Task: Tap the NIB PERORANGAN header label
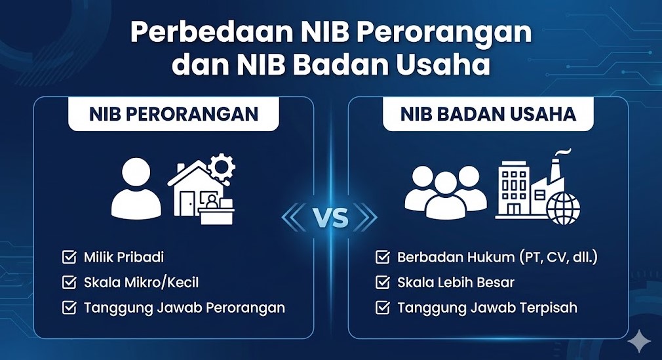click(x=174, y=114)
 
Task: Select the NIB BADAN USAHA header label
click(x=488, y=114)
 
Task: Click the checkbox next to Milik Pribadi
click(x=69, y=257)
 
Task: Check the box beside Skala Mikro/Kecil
click(x=69, y=283)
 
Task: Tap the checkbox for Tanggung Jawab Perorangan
click(x=69, y=308)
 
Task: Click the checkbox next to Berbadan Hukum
click(x=382, y=257)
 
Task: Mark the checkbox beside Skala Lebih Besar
click(x=382, y=283)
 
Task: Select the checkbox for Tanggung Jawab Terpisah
click(x=382, y=308)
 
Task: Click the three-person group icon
click(x=446, y=191)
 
